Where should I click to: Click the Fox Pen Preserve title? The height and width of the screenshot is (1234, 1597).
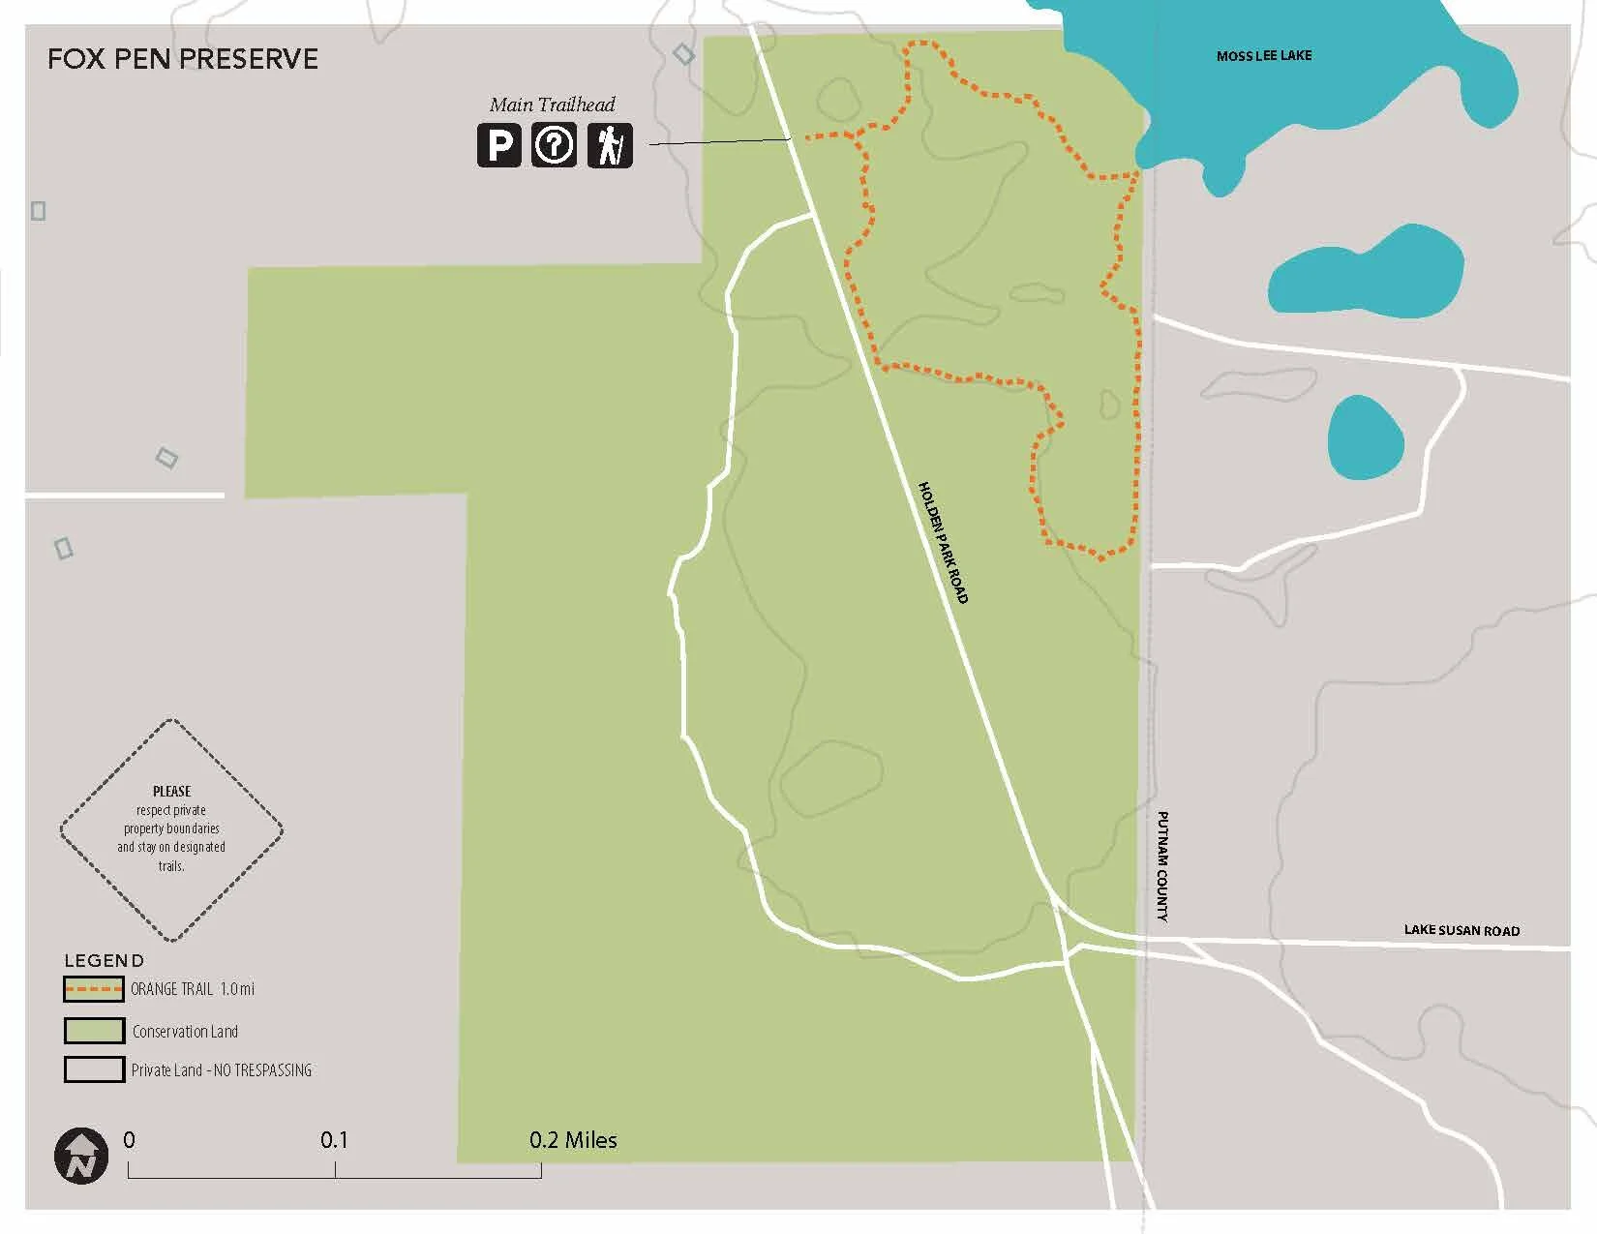tap(183, 59)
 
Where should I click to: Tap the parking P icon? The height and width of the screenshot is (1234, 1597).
tap(498, 146)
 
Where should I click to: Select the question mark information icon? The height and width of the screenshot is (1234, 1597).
tap(554, 146)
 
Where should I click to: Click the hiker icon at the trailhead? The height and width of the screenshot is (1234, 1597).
tap(610, 146)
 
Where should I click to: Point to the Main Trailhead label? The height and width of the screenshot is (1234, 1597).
tap(552, 105)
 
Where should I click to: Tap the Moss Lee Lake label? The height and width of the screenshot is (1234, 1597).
tap(1263, 56)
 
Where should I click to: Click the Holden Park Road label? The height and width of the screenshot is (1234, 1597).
tap(943, 542)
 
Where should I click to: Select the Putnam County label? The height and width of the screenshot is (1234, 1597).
tap(1162, 865)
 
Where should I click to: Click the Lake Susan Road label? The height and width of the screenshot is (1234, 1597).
tap(1461, 930)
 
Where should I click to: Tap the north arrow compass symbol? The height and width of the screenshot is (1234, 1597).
tap(81, 1156)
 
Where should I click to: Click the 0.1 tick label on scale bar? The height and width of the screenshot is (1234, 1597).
tap(334, 1140)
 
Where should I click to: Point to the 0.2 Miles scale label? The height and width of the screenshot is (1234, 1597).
tap(573, 1140)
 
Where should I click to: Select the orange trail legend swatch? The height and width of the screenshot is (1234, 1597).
tap(94, 989)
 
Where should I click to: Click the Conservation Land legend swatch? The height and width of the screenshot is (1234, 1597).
tap(94, 1031)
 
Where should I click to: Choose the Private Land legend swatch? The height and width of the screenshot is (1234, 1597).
tap(94, 1069)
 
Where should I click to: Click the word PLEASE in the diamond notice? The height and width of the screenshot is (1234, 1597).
tap(172, 791)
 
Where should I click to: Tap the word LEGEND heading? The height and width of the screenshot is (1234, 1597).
tap(104, 961)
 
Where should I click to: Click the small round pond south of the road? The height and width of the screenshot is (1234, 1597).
tap(1366, 437)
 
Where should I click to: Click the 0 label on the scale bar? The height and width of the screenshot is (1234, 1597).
tap(130, 1140)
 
